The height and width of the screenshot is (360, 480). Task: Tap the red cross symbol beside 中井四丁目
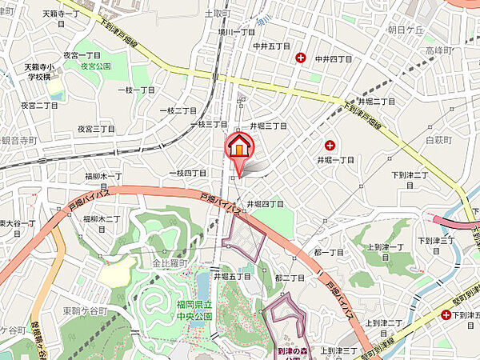tap(302, 58)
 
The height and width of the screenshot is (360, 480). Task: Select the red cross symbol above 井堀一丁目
tap(330, 145)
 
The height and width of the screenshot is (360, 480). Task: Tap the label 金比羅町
tap(170, 262)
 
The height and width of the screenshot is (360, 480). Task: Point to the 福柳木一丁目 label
tap(102, 176)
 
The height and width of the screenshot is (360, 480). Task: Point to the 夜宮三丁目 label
tap(97, 128)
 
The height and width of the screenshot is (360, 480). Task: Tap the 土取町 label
tap(217, 13)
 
